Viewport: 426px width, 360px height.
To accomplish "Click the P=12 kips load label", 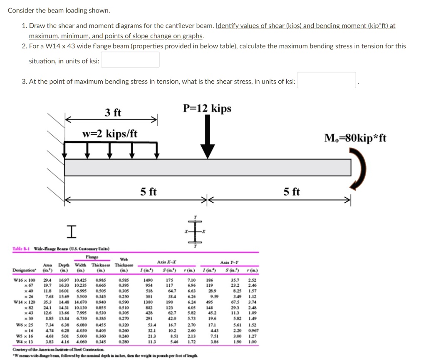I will coord(207,109).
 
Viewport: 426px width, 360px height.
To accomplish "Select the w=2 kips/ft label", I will coord(110,134).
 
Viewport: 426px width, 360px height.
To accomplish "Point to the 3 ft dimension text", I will coord(113,112).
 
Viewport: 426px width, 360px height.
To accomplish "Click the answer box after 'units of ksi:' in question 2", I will coord(130,60).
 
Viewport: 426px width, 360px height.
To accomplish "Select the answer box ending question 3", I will coord(327,80).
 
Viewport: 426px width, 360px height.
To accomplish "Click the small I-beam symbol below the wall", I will coord(72,231).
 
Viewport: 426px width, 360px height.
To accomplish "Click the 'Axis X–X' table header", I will coord(168,262).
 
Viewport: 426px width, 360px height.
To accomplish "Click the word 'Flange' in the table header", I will coord(92,257).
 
